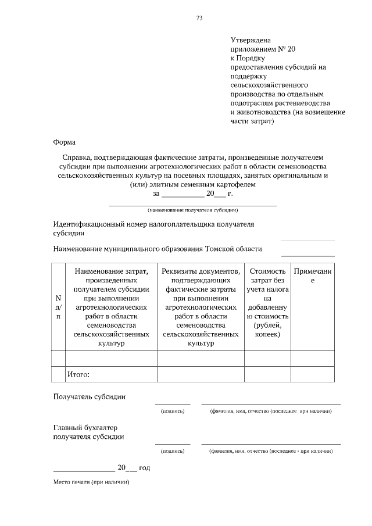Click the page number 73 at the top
(199, 18)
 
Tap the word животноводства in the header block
(259, 112)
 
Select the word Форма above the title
(64, 142)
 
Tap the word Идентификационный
(92, 223)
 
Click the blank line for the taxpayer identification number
(307, 239)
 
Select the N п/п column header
(58, 306)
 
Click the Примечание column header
(312, 275)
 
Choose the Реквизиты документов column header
(201, 306)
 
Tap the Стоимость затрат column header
(267, 302)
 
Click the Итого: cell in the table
(79, 374)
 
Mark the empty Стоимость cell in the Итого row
(267, 374)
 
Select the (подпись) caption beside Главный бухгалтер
(172, 450)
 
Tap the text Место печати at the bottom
(90, 482)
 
